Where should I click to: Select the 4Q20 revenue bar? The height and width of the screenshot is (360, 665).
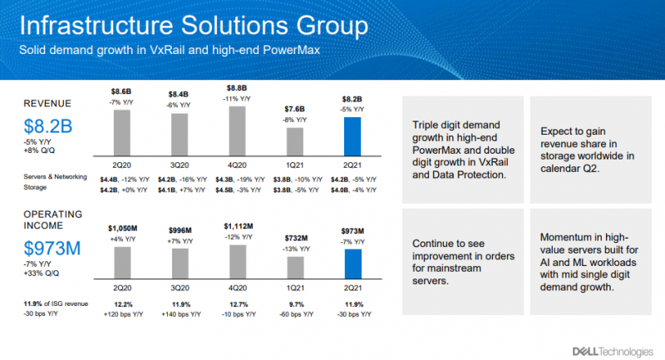click(236, 131)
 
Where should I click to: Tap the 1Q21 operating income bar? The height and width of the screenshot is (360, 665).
click(294, 270)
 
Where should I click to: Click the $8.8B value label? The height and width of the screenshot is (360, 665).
click(237, 86)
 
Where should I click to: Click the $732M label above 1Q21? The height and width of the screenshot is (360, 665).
click(294, 236)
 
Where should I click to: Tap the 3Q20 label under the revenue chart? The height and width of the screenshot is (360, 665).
click(180, 163)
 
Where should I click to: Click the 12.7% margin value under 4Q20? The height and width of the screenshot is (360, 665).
click(237, 305)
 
